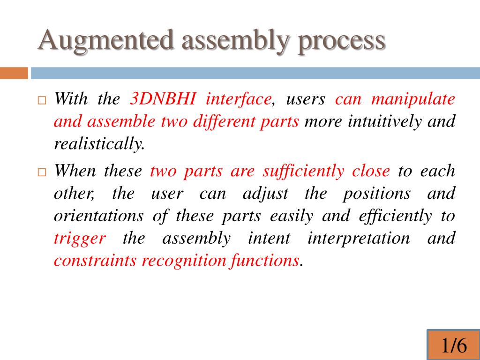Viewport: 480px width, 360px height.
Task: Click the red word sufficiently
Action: coord(303,171)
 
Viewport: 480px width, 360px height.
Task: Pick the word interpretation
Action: coord(358,238)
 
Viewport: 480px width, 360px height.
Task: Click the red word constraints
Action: coord(96,261)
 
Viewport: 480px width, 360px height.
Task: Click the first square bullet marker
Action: coord(41,101)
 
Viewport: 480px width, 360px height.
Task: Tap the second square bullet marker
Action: coord(41,172)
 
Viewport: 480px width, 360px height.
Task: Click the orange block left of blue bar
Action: coord(14,73)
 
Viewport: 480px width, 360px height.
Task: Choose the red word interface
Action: coord(239,99)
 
